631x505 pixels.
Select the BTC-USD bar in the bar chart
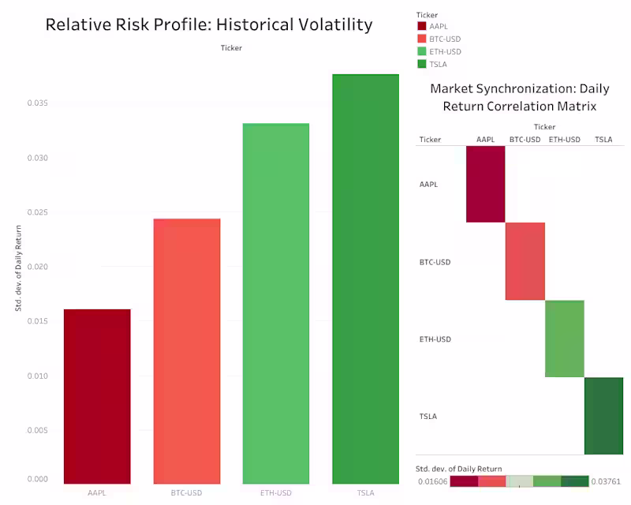pos(186,351)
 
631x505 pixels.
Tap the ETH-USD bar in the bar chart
pos(275,304)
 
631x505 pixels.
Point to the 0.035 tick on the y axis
pos(37,103)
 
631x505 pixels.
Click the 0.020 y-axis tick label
pos(37,267)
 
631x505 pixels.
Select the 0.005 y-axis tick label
pos(37,430)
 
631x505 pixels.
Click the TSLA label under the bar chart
pos(365,493)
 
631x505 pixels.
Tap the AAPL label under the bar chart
pos(97,493)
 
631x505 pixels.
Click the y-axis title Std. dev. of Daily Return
pos(19,267)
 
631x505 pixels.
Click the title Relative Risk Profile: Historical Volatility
pos(208,24)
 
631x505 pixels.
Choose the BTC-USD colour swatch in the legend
pos(422,39)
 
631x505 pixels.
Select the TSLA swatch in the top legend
pos(422,64)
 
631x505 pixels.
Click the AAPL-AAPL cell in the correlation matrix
pos(485,184)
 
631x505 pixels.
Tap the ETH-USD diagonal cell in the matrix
pos(564,339)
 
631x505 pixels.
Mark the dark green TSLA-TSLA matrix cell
pos(603,416)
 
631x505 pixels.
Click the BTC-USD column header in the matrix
pos(525,140)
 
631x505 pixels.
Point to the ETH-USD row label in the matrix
pos(435,339)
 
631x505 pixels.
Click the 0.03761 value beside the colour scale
pos(607,481)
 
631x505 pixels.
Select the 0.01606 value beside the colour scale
pos(433,481)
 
